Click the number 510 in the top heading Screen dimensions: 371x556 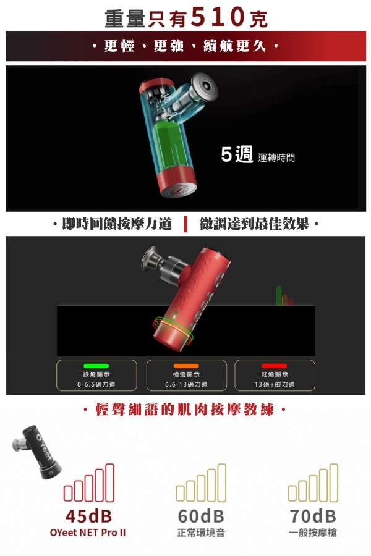(218, 16)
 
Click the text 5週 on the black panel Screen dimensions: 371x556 (237, 154)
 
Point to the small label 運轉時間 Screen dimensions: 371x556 (276, 158)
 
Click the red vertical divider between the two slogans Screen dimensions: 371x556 (185, 224)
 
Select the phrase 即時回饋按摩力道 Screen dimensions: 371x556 (117, 224)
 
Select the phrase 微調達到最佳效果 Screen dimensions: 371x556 (254, 224)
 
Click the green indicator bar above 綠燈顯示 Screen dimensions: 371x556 (96, 366)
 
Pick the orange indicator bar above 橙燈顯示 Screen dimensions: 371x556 (186, 366)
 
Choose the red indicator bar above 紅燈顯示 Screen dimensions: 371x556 (274, 366)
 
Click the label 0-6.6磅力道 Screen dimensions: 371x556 (96, 384)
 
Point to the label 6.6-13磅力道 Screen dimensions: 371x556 (186, 384)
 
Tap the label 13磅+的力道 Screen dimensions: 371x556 (274, 384)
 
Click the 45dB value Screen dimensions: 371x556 (89, 516)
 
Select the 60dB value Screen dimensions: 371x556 (201, 516)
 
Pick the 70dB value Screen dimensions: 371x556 (313, 516)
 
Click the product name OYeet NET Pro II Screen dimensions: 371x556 (88, 533)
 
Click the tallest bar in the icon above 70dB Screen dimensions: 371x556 (334, 483)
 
